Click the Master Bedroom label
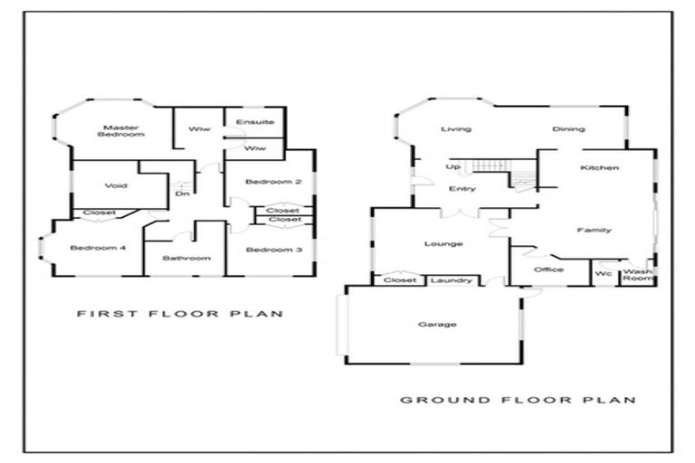point(121,131)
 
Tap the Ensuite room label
point(255,122)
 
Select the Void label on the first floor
point(116,185)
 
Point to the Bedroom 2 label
point(273,182)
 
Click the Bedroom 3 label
point(274,250)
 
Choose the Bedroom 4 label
point(98,248)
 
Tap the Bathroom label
point(186,258)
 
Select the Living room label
point(456,129)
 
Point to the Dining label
point(568,129)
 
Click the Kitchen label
point(599,167)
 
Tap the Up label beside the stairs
point(452,167)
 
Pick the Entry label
point(462,189)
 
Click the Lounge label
point(443,243)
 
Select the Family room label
point(594,230)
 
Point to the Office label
point(548,269)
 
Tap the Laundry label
point(452,280)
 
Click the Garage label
point(437,325)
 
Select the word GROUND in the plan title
point(444,400)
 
